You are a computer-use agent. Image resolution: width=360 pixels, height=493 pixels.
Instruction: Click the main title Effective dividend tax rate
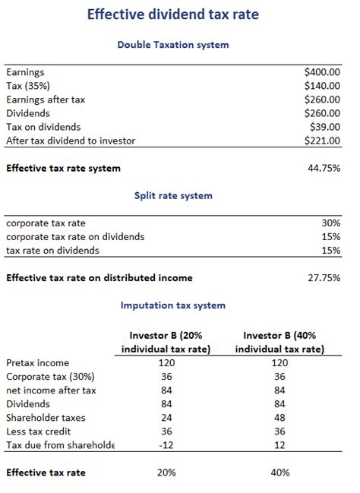click(x=173, y=14)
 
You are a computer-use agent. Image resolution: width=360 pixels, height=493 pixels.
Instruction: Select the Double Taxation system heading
click(x=173, y=45)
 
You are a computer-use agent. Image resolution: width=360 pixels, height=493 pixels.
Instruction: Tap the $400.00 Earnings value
click(x=322, y=71)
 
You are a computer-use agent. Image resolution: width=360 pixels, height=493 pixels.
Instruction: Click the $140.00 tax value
click(x=322, y=85)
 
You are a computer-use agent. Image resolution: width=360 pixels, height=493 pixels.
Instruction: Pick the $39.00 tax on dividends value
click(x=325, y=127)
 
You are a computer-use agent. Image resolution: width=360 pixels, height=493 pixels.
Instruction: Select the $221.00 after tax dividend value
click(x=322, y=141)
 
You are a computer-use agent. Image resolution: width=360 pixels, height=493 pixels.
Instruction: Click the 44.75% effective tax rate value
click(x=324, y=168)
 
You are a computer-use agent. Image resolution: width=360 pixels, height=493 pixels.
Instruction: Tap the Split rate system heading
click(x=173, y=195)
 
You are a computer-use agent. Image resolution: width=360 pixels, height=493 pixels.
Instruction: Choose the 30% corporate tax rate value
click(x=331, y=223)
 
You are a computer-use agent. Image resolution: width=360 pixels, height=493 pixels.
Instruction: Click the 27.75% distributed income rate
click(x=324, y=277)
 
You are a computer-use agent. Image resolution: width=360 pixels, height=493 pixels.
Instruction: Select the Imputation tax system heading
click(x=173, y=305)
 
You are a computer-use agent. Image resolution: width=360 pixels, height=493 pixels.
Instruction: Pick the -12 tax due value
click(x=166, y=445)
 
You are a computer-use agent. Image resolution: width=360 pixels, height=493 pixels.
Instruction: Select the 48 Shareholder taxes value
click(x=279, y=418)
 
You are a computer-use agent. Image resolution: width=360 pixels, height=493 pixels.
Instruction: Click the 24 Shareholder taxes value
click(x=166, y=418)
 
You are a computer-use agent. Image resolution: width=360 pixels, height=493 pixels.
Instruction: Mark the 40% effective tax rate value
click(x=279, y=472)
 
